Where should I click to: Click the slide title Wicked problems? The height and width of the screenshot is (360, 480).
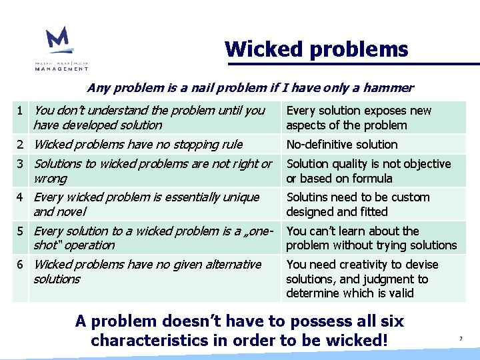click(316, 49)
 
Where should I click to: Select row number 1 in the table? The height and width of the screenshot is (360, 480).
click(21, 111)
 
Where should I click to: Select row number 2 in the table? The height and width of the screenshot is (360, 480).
click(21, 145)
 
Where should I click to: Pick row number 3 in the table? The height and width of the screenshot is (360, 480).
click(21, 164)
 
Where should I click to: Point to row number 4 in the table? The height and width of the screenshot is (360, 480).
click(21, 197)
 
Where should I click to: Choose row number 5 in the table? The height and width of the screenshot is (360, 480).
click(21, 231)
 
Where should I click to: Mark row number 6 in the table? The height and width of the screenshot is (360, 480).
click(21, 265)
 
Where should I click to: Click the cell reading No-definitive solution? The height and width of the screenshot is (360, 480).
click(341, 145)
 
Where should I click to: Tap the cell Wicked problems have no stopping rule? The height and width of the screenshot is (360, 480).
click(138, 145)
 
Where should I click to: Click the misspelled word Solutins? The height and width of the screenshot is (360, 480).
click(308, 197)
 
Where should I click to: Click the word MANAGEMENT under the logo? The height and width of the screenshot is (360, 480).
click(61, 68)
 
